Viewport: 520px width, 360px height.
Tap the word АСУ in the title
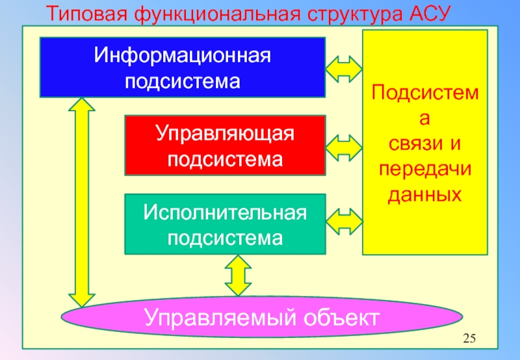click(426, 13)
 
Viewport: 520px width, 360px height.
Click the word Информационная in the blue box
click(182, 55)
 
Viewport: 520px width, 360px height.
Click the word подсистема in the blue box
click(182, 81)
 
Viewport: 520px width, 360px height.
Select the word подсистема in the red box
click(225, 159)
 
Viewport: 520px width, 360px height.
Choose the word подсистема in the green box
click(225, 237)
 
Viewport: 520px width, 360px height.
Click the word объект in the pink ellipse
click(338, 318)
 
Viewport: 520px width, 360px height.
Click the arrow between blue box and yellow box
click(344, 68)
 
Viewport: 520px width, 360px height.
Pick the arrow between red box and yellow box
click(344, 148)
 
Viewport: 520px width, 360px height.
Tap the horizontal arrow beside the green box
click(344, 222)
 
